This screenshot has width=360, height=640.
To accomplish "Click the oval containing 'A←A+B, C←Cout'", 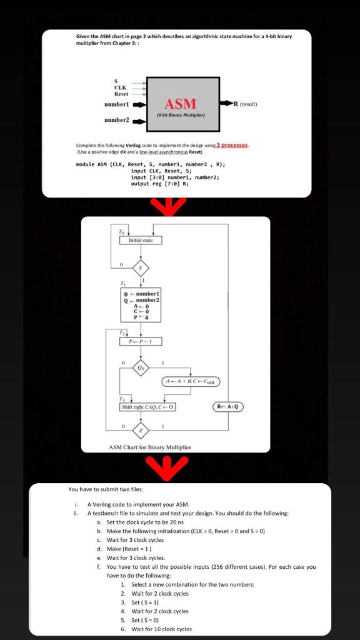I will click(x=191, y=381).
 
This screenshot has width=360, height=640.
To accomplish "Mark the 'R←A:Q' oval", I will click(x=229, y=407).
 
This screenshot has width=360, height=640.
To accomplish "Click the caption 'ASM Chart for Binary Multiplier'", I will click(x=149, y=447).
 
